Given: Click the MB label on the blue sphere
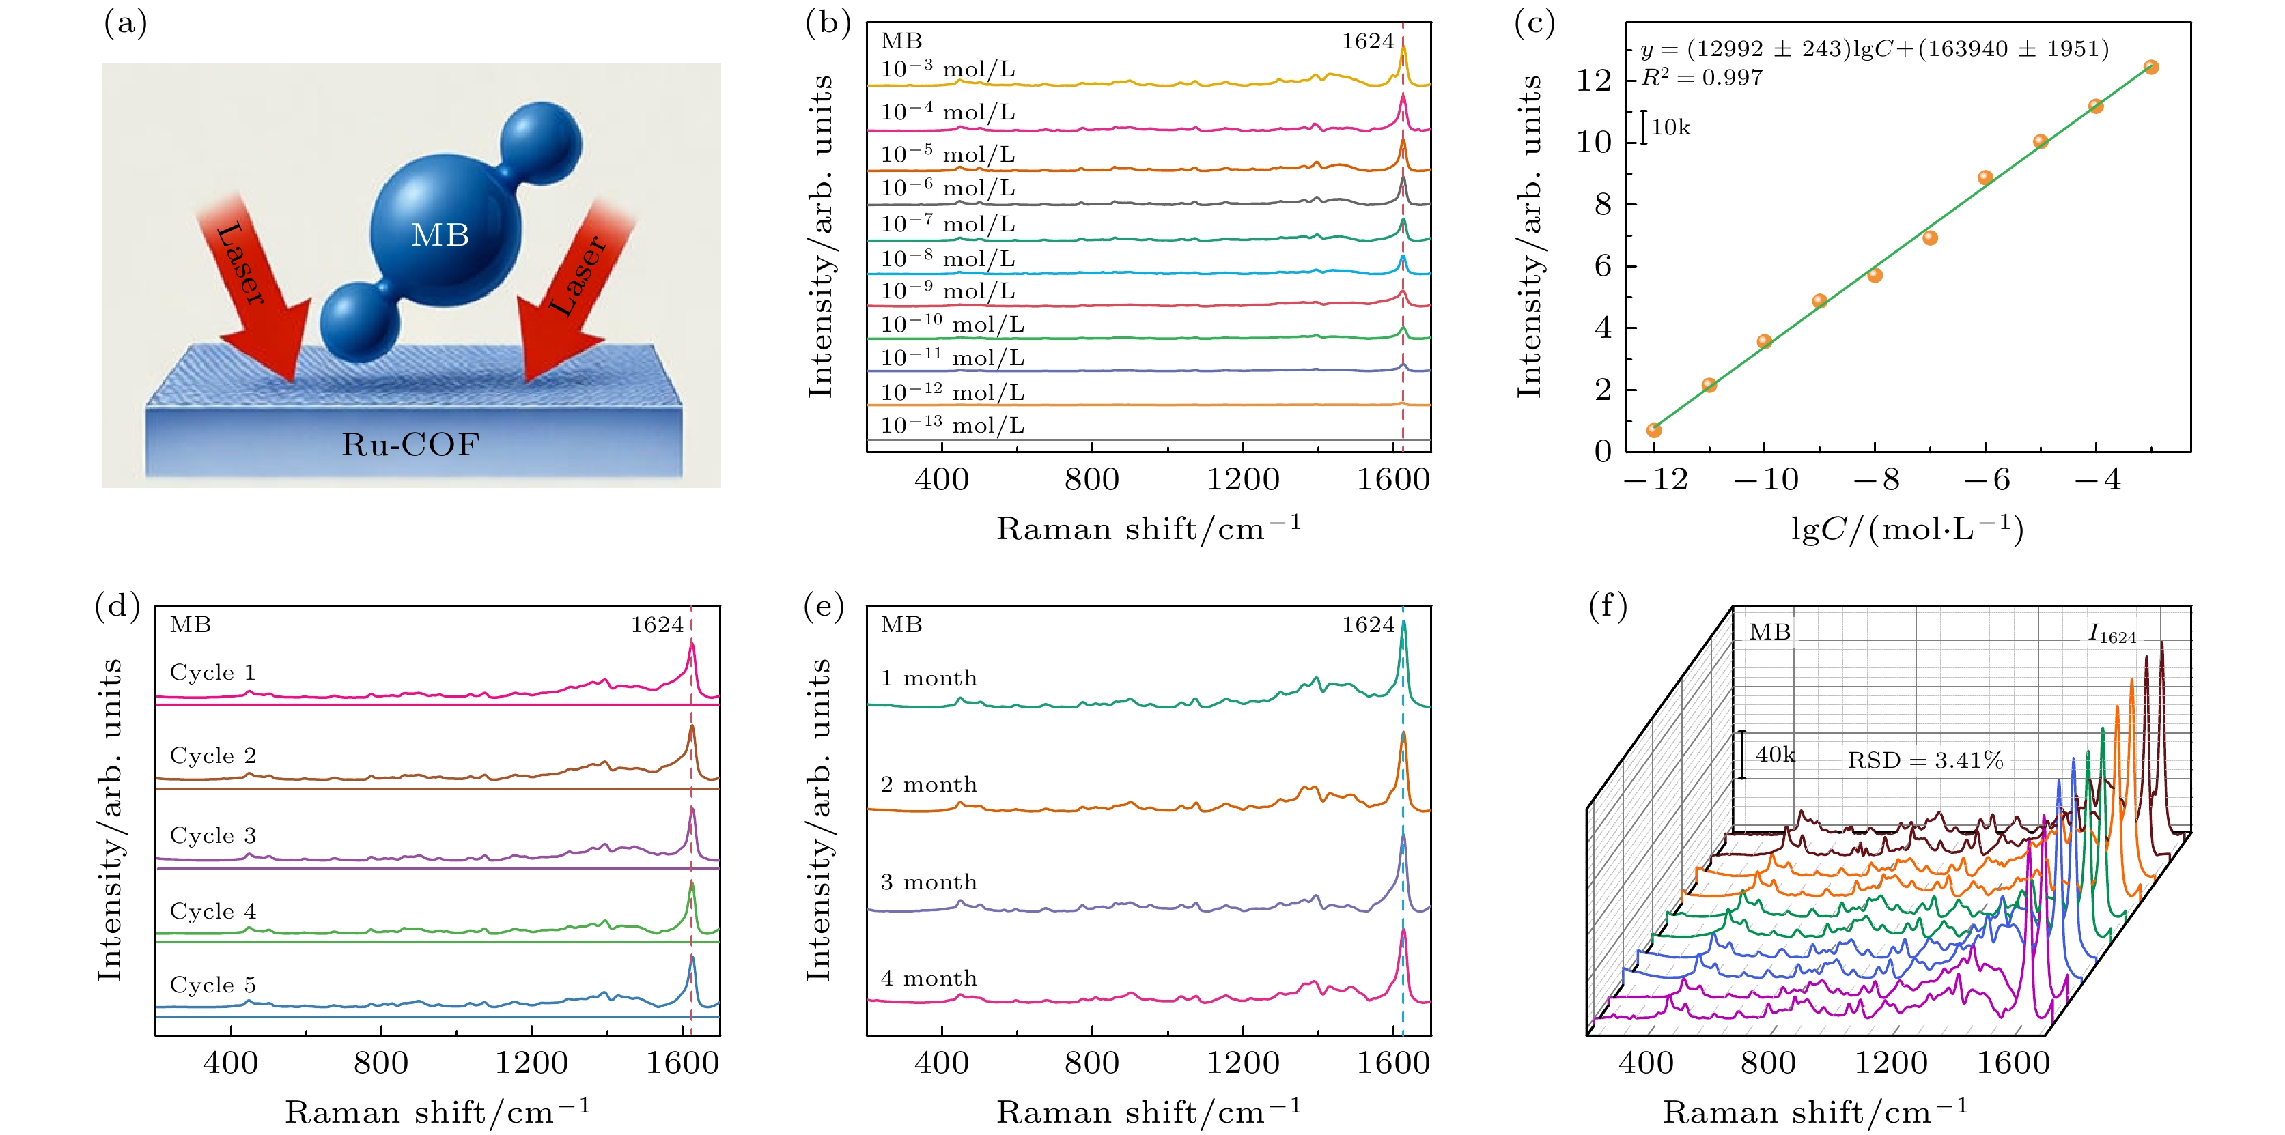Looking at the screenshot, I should (440, 235).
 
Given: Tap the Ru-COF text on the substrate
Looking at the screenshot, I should (410, 444).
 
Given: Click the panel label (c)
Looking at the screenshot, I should (1534, 24).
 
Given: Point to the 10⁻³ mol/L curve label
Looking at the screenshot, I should (947, 69).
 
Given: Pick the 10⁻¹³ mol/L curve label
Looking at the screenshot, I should (952, 426).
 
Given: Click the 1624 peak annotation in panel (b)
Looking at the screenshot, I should (1367, 42).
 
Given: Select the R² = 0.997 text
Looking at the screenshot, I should (1701, 78).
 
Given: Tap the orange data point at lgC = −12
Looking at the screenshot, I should (1653, 430).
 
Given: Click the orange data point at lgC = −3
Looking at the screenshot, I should (2151, 68).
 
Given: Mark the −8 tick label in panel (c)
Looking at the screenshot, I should (1876, 480).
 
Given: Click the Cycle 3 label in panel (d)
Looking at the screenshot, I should (213, 835).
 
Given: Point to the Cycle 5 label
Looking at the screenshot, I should (213, 984).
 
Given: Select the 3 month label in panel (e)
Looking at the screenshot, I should (929, 882).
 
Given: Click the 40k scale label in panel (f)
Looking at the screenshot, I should (1775, 755).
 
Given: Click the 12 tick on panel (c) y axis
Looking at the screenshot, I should (1593, 81).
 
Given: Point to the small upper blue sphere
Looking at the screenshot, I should (540, 143).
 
